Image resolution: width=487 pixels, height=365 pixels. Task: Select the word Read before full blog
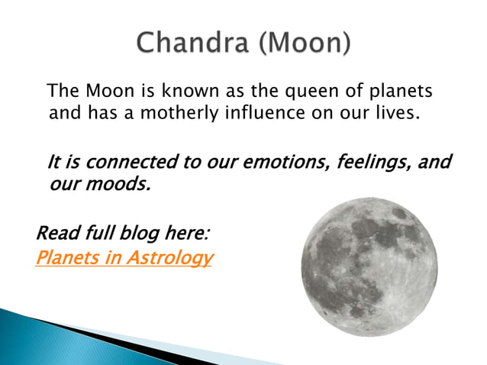56,232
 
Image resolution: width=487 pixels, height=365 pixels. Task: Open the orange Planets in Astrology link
124,258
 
